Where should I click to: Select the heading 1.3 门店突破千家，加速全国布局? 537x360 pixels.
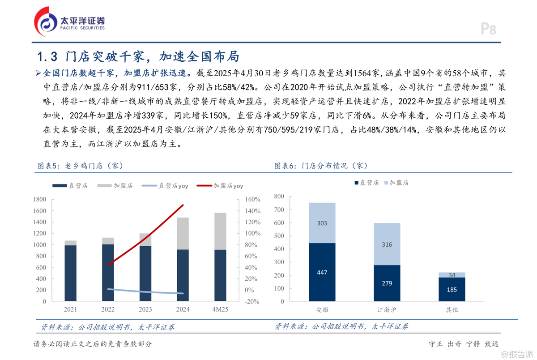(138, 56)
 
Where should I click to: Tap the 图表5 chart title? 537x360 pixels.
(80, 166)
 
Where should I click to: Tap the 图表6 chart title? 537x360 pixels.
(321, 166)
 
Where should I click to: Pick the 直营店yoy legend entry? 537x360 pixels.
(161, 185)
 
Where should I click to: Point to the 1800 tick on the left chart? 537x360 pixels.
(39, 199)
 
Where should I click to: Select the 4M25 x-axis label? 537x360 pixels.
(220, 310)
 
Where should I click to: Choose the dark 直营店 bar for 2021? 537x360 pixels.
(70, 273)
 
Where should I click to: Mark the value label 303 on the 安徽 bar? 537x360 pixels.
(322, 223)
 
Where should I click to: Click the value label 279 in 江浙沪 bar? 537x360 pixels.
(387, 283)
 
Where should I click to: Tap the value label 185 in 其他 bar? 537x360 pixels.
(452, 289)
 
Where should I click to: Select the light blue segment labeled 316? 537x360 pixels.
(387, 244)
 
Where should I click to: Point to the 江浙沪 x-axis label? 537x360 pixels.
(387, 310)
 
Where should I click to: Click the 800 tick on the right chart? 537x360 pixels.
(278, 196)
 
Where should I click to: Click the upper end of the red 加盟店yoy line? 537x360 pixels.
(183, 206)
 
